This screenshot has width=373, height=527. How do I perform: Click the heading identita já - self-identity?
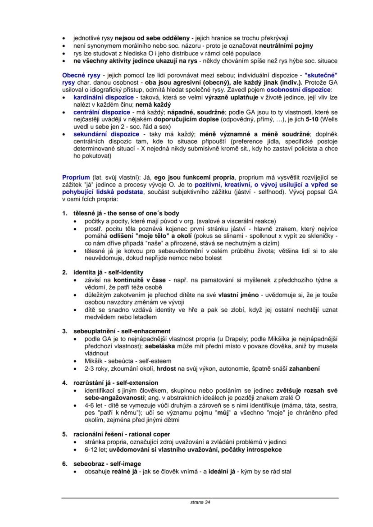(x=109, y=272)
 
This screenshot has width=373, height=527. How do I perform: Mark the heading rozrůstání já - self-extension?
(x=116, y=383)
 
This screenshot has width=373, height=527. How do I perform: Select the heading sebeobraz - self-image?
(x=107, y=463)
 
